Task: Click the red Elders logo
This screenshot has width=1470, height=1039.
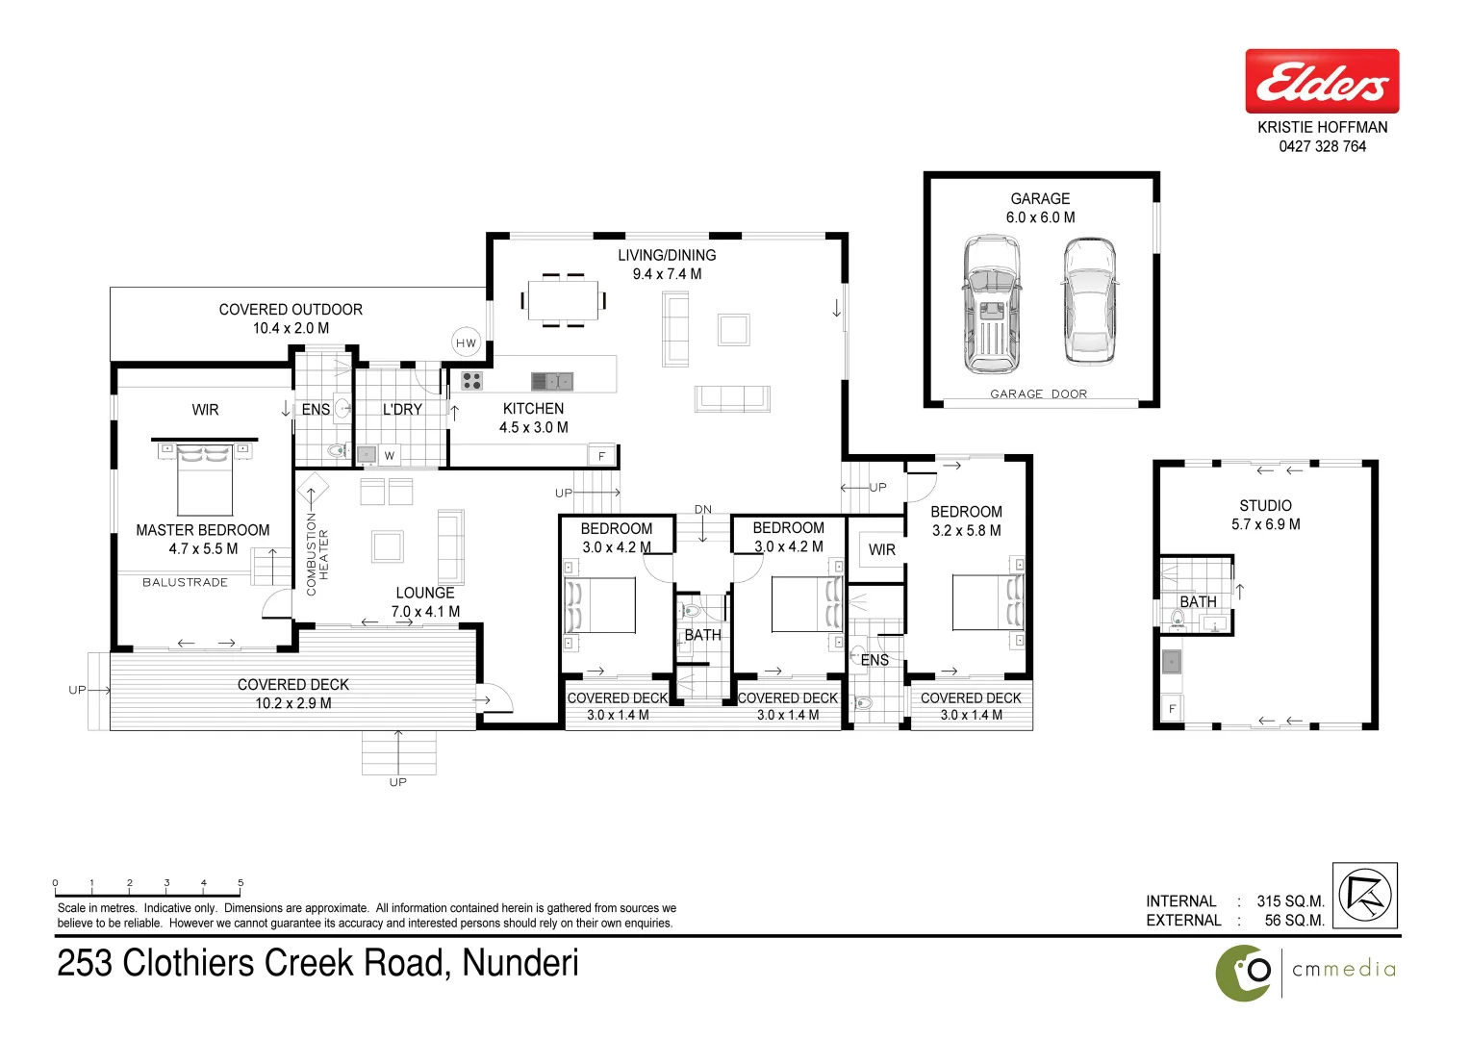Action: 1322,82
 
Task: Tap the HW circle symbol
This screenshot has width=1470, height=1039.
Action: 467,342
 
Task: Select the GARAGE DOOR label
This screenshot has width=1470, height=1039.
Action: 1038,394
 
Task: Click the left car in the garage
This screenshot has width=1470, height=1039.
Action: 992,305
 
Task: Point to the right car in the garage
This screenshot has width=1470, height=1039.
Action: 1089,302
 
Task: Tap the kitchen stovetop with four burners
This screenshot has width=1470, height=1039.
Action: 471,381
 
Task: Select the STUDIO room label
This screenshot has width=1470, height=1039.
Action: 1265,506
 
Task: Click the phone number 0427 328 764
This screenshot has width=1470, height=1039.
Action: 1322,146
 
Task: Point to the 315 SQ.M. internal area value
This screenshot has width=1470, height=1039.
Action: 1290,901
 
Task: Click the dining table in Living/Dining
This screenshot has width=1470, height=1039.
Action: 563,300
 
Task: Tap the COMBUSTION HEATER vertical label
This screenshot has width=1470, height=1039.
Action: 317,554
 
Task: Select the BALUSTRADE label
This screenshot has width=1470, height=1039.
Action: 185,583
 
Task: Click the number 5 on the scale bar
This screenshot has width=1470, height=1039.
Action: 241,882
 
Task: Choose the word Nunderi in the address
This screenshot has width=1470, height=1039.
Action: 520,963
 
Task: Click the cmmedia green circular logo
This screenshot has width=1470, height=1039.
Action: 1244,973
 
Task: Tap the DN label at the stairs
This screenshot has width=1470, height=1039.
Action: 703,510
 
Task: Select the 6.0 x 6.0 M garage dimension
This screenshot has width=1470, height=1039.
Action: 1040,217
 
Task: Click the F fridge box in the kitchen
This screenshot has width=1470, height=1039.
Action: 602,456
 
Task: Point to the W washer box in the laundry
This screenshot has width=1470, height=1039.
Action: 390,456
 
